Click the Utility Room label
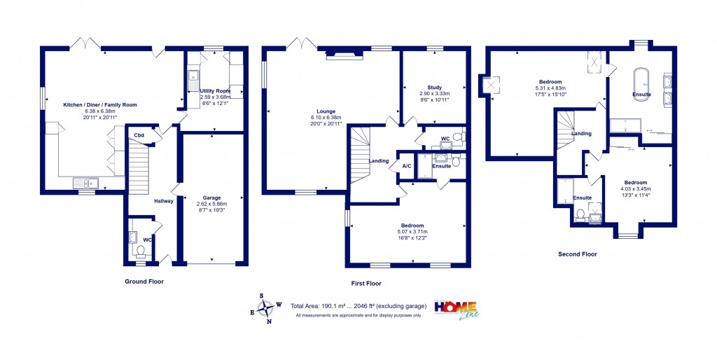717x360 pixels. tap(215, 91)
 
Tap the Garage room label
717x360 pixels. tap(211, 198)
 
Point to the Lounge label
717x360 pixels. tap(326, 111)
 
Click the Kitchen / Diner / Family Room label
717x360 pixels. tap(100, 104)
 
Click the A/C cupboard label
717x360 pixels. tap(406, 166)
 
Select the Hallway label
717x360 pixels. tap(164, 201)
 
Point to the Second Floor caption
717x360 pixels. tap(578, 254)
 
